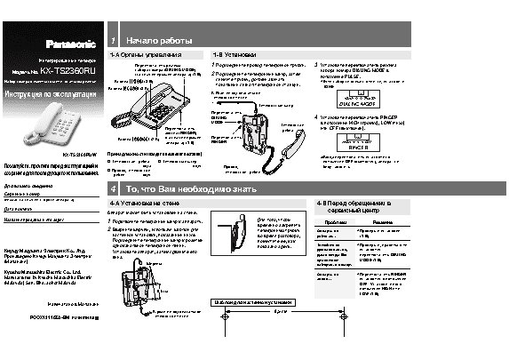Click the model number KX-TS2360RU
(67, 68)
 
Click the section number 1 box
(111, 41)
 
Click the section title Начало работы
(159, 41)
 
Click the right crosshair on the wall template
(346, 316)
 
